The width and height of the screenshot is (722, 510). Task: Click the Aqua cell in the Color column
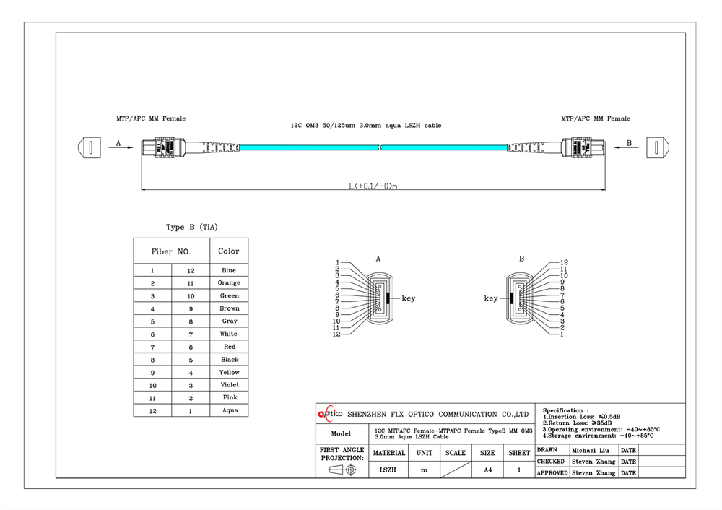pos(229,410)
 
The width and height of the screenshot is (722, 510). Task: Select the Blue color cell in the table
pos(229,270)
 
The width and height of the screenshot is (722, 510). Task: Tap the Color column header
pos(229,251)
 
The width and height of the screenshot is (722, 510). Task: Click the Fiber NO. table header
pos(171,251)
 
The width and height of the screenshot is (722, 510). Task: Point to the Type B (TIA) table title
pos(191,227)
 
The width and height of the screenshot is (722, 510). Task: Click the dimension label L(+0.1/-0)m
pos(374,186)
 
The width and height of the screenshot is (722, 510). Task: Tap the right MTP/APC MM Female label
pos(595,118)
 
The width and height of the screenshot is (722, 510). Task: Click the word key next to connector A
pos(408,298)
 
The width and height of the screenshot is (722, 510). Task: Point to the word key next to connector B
pos(491,298)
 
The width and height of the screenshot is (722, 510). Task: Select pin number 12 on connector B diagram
pos(565,262)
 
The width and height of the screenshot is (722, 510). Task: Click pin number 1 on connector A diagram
pos(337,262)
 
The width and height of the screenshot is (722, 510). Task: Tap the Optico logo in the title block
pos(331,414)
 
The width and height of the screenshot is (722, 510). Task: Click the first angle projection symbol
pos(342,470)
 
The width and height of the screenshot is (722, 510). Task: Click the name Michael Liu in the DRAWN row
pos(592,449)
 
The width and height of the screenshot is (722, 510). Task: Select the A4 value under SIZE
pos(487,470)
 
